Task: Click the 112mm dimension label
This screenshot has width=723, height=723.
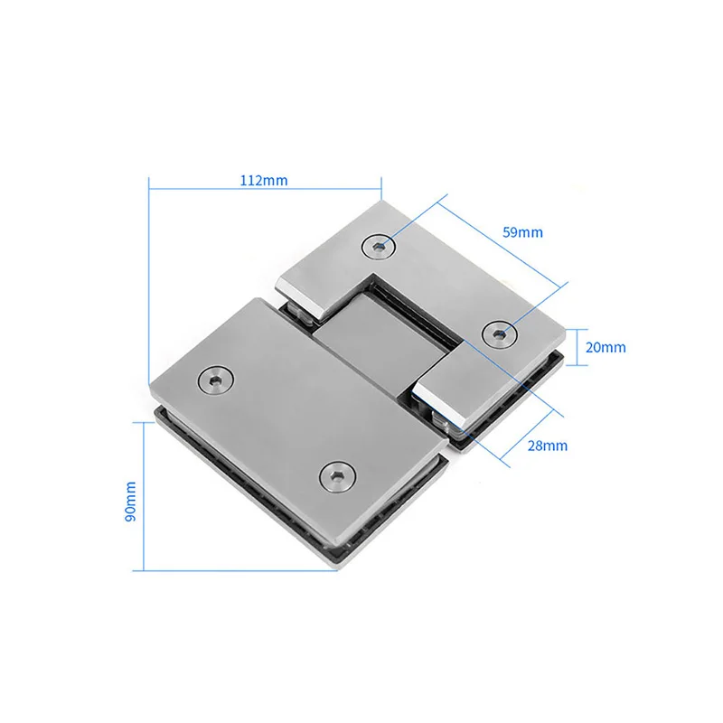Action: tap(264, 180)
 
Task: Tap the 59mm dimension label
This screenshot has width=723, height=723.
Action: tap(523, 232)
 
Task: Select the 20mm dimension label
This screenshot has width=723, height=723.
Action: tap(606, 347)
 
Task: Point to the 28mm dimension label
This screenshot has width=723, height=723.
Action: tap(548, 446)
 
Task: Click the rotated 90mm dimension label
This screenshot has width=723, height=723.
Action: tap(130, 502)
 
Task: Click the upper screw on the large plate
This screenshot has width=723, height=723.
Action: tap(215, 380)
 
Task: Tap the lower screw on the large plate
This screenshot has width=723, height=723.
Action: tap(338, 476)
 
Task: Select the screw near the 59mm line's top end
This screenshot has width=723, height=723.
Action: tap(379, 247)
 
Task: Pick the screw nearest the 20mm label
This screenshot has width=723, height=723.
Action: tap(499, 333)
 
